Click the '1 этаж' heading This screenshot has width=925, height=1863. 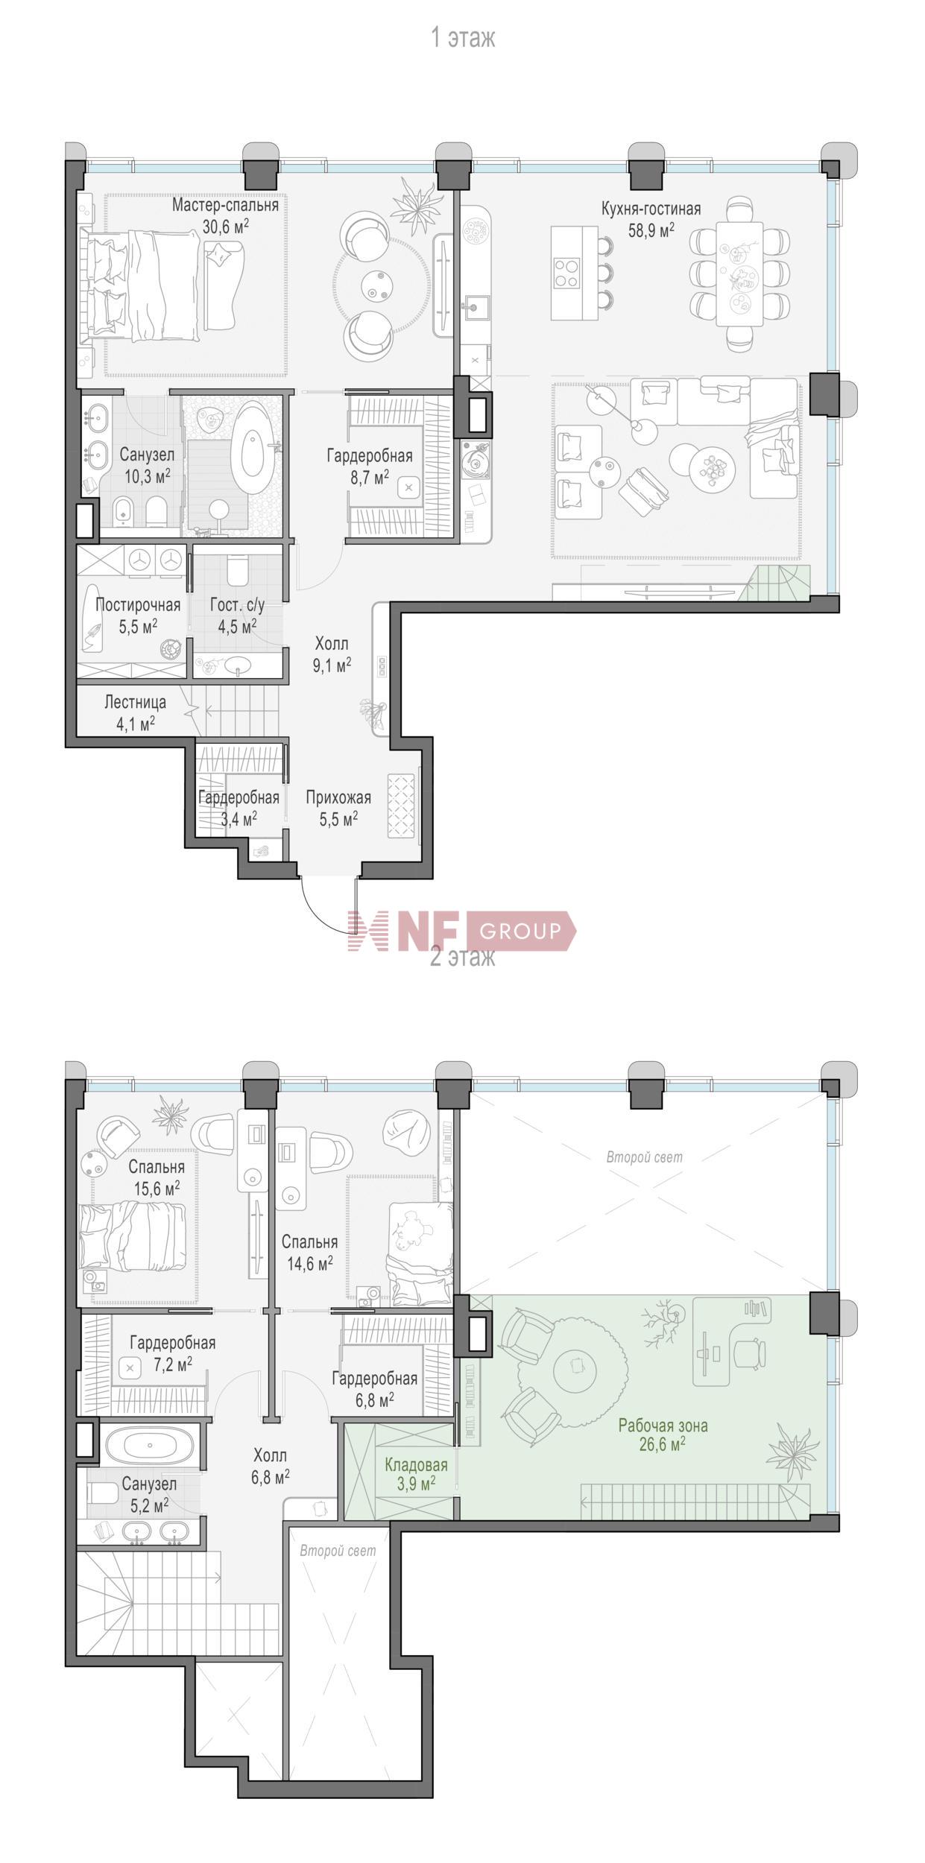(x=463, y=37)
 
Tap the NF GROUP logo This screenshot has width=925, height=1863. (x=462, y=931)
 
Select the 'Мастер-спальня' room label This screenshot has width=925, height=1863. (x=225, y=205)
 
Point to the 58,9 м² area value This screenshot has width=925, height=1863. (x=651, y=230)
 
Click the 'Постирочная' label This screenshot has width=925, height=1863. (x=138, y=605)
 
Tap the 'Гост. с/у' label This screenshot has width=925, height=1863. (x=237, y=605)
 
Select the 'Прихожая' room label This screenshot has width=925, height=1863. (x=338, y=798)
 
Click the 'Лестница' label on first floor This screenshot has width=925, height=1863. (x=135, y=702)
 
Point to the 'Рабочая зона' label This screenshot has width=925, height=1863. (x=663, y=1426)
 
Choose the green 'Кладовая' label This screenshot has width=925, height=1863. (x=416, y=1465)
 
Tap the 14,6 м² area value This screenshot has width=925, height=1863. (x=309, y=1263)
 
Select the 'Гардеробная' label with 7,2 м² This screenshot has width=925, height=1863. (x=172, y=1343)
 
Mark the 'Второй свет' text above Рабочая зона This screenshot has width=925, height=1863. (x=644, y=1157)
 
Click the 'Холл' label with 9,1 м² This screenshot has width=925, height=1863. (x=332, y=643)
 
